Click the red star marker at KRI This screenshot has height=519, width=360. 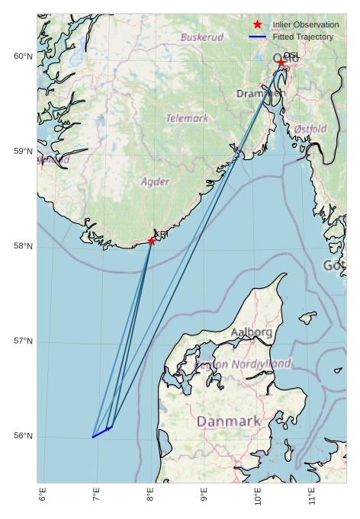152,241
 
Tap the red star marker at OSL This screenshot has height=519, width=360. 281,62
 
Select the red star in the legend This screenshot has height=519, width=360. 258,24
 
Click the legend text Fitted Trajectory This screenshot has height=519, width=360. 303,37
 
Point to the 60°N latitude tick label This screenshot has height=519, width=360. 23,56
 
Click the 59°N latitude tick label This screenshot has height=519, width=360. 23,152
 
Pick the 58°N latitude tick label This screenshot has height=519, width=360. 23,246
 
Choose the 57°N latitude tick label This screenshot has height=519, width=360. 23,341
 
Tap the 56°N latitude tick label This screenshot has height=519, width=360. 23,436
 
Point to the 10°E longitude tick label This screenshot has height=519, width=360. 259,496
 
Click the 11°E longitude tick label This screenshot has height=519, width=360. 313,496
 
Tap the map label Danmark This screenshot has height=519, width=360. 229,421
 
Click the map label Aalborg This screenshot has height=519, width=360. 251,332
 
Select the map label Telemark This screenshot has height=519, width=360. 187,118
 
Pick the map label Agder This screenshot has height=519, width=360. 155,181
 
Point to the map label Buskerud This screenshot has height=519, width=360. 202,37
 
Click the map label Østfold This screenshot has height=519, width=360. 310,129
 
